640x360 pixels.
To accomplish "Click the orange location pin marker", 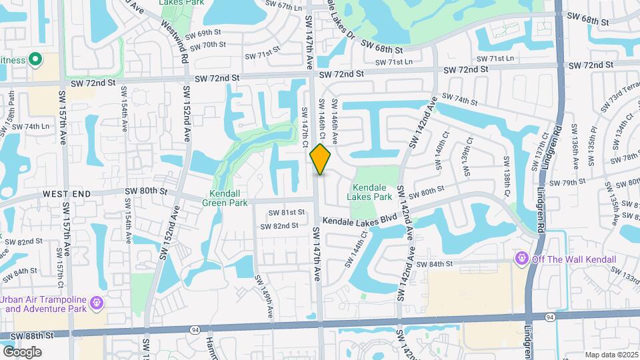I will pos(321,159).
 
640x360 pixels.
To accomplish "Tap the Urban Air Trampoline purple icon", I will pos(97,303).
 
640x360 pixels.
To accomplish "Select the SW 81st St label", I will pos(287,213).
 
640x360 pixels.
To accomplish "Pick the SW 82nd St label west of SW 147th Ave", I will pos(280,226).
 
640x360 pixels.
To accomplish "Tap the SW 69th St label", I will pos(203,33).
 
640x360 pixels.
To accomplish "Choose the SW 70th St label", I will pos(209,45).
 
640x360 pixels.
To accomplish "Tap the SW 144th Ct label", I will pos(355,249).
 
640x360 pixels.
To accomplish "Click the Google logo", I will pos(22,351).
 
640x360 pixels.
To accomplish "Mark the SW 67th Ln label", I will pos(281,6).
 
